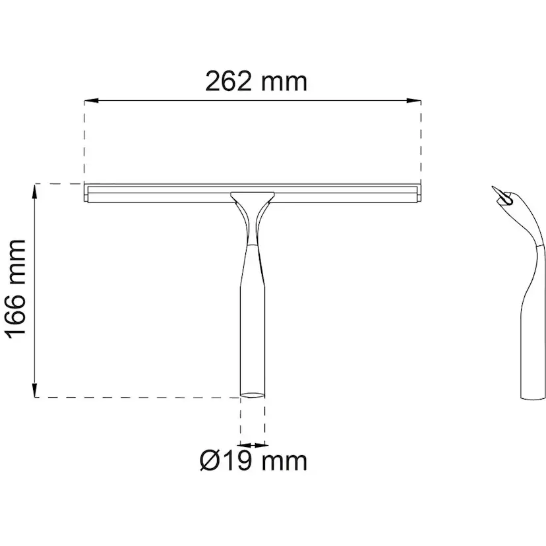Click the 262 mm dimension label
click(256, 82)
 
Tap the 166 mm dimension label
click(16, 289)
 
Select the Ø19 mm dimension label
click(253, 461)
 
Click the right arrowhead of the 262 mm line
click(414, 101)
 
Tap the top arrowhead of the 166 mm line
click(35, 191)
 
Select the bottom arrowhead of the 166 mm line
click(35, 390)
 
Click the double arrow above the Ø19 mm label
click(253, 445)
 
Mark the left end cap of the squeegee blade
click(86, 193)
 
